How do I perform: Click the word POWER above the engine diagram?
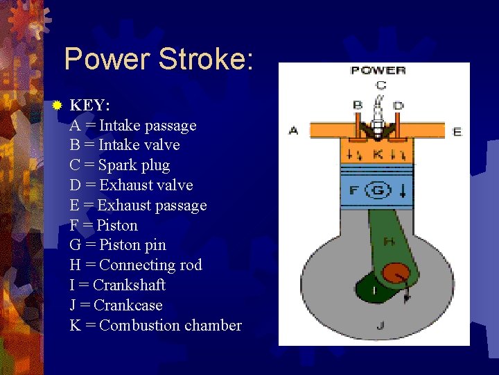point(378,70)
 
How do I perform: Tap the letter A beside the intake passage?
point(293,130)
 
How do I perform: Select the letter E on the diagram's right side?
point(457,131)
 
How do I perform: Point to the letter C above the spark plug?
point(380,85)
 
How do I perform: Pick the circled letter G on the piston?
point(378,190)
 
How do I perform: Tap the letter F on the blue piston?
point(353,190)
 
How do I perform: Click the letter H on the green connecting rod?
point(389,242)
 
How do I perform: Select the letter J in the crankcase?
point(380,324)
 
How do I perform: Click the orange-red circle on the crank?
point(396,274)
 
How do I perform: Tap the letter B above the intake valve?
point(358,105)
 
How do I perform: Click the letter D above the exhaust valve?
point(398,105)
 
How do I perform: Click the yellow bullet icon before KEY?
point(58,106)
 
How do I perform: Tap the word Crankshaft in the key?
point(129,285)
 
